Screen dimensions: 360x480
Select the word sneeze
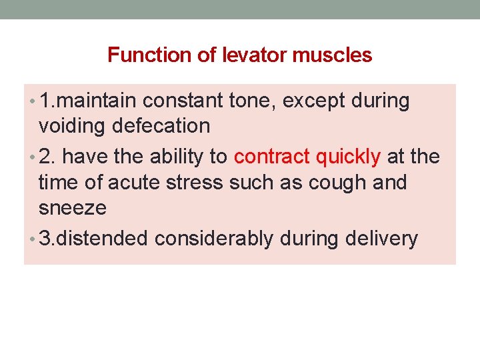(x=73, y=207)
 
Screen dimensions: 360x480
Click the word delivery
(x=382, y=239)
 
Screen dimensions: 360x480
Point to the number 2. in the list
(x=47, y=157)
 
